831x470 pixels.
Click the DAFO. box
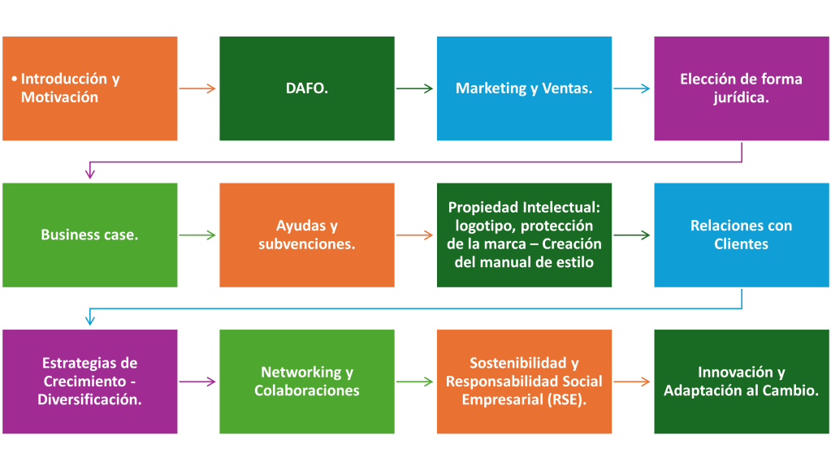307,88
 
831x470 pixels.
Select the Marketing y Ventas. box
524,88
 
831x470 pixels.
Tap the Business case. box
89,235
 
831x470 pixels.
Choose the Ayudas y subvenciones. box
307,235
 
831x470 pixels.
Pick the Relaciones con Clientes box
741,235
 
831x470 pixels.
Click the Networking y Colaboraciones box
307,382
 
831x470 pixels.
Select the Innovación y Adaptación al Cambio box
741,382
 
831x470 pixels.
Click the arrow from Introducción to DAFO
198,88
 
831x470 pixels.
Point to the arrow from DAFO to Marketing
415,88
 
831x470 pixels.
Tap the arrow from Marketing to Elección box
632,88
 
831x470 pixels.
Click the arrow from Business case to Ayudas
198,235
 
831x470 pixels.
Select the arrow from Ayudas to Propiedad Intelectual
415,235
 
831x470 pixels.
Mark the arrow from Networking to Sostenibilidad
415,382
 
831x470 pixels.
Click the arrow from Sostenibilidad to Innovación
632,382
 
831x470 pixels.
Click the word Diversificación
90,399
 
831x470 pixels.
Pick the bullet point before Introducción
15,80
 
